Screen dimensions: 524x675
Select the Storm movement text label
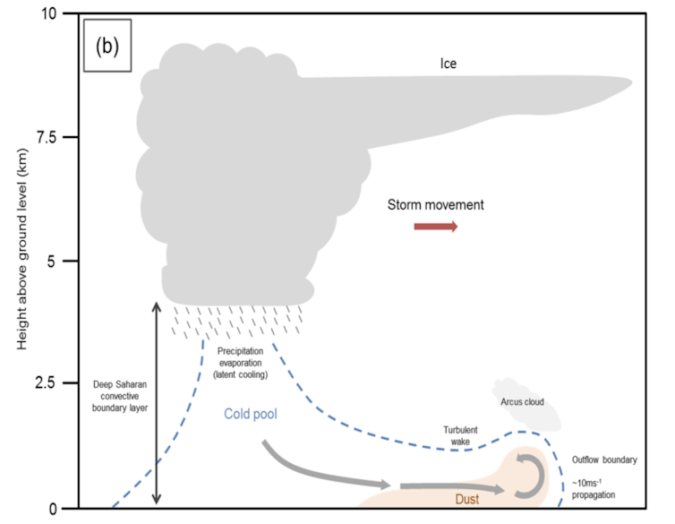[x=435, y=205]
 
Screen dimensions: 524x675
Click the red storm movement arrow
[x=435, y=227]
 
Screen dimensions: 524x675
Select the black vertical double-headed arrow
[x=156, y=403]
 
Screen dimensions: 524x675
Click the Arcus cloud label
[x=523, y=402]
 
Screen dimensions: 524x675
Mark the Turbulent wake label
[x=462, y=435]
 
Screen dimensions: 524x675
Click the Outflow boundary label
[x=604, y=460]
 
